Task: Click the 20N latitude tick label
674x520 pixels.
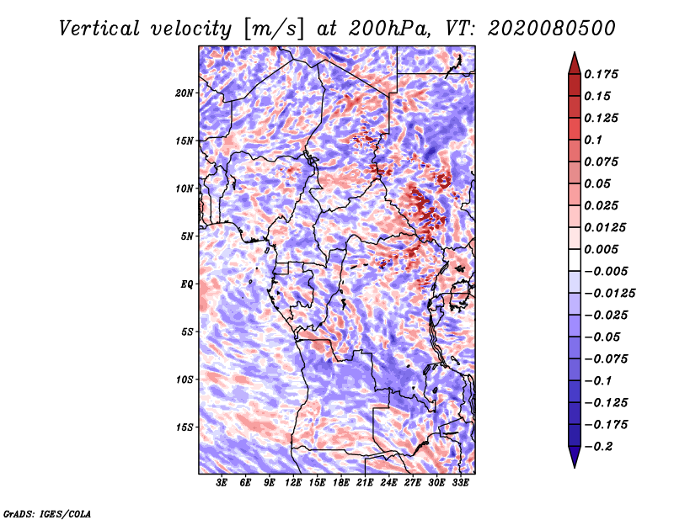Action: pyautogui.click(x=184, y=93)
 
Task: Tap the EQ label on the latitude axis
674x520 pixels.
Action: pyautogui.click(x=186, y=284)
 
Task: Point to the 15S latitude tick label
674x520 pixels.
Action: pyautogui.click(x=184, y=427)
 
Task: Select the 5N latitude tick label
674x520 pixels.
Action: pyautogui.click(x=186, y=236)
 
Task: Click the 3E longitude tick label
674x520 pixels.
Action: pyautogui.click(x=222, y=483)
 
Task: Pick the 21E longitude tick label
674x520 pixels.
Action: pyautogui.click(x=365, y=483)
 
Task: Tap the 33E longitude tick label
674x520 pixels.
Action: pyautogui.click(x=460, y=483)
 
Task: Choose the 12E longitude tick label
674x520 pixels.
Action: pyautogui.click(x=292, y=483)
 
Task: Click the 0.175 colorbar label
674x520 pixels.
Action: pyautogui.click(x=601, y=74)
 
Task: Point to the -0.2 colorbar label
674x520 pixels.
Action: pyautogui.click(x=598, y=447)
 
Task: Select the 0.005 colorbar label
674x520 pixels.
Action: pyautogui.click(x=601, y=249)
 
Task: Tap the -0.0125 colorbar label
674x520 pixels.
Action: pyautogui.click(x=609, y=294)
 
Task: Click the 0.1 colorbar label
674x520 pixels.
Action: pyautogui.click(x=593, y=140)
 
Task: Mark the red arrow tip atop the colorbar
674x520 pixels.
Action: pyautogui.click(x=575, y=52)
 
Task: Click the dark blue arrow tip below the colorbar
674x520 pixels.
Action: pyautogui.click(x=575, y=467)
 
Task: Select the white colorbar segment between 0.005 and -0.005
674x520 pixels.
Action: pyautogui.click(x=575, y=260)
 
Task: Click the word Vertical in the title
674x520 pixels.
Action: pyautogui.click(x=99, y=29)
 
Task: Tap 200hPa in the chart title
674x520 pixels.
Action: pyautogui.click(x=389, y=29)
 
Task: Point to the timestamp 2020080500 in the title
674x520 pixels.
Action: pyautogui.click(x=552, y=29)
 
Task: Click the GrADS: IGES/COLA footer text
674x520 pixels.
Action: pyautogui.click(x=47, y=513)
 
